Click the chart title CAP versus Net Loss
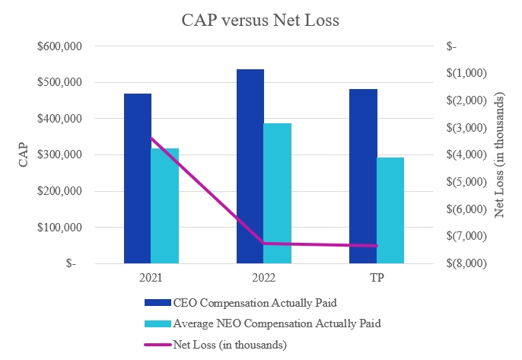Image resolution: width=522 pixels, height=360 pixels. tap(260, 21)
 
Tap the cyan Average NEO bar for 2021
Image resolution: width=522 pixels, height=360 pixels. tap(165, 205)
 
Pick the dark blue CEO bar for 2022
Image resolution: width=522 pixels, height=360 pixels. tap(250, 166)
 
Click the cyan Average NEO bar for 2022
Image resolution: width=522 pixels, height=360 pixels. tap(278, 193)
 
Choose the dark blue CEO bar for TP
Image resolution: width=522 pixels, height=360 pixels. tap(363, 176)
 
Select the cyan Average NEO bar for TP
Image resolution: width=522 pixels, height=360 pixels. tap(390, 210)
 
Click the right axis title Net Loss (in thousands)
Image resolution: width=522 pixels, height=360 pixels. tap(500, 155)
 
